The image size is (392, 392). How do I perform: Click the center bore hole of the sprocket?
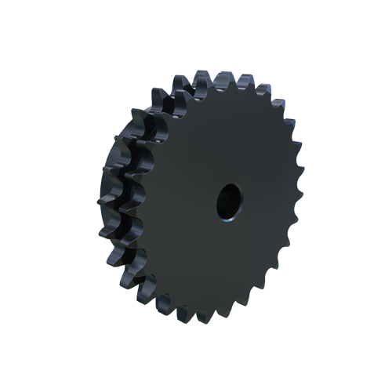(229, 199)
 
